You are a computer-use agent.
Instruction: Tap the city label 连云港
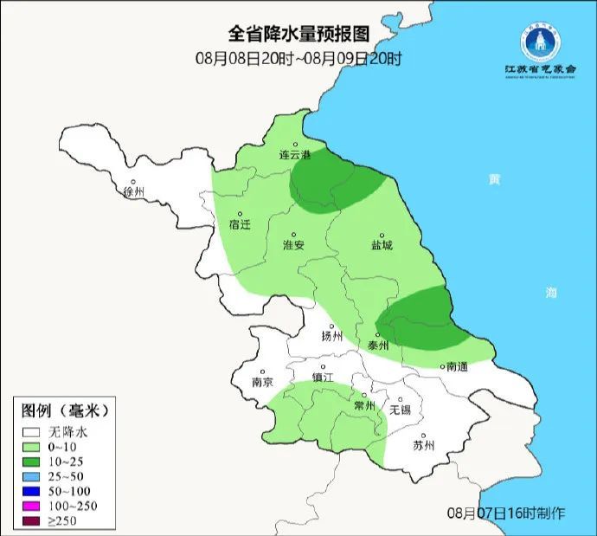coord(294,155)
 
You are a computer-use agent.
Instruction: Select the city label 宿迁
coord(240,223)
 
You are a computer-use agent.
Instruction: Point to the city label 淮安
coord(294,245)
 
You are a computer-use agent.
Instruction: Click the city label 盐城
coord(381,245)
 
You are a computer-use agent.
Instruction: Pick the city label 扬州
coord(332,336)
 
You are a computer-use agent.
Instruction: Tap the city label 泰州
coord(378,344)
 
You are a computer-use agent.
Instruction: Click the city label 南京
coord(262,382)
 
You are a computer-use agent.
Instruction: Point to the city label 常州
coord(365,405)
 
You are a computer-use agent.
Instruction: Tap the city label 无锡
coord(401,409)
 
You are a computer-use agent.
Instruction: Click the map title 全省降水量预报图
coord(298,34)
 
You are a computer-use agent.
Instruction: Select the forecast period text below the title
coord(298,59)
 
